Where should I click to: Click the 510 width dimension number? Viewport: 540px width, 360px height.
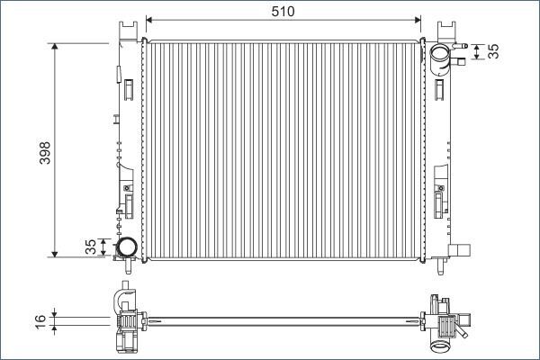(x=283, y=10)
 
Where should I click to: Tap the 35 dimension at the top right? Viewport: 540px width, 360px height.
(x=492, y=51)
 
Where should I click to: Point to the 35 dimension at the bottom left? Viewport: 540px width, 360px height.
(x=90, y=247)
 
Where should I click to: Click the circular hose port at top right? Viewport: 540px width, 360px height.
(x=441, y=56)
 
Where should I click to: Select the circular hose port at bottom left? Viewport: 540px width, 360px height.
(x=125, y=246)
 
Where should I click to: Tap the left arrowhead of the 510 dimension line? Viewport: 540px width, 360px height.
(x=149, y=19)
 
